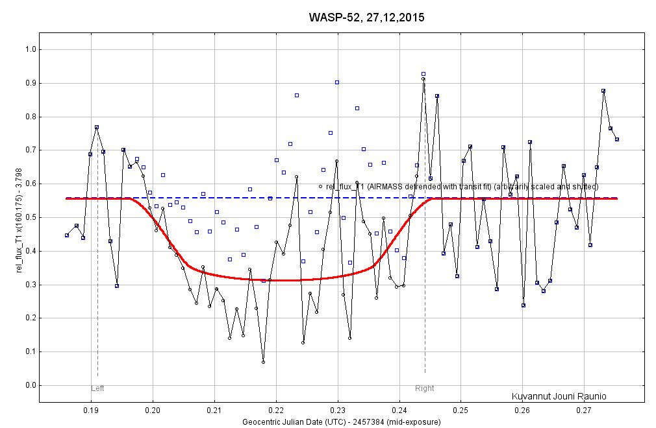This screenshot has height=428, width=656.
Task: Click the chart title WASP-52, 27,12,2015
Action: [366, 18]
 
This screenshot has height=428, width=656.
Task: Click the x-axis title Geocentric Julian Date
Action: [342, 422]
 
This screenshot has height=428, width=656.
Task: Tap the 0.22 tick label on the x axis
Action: [276, 410]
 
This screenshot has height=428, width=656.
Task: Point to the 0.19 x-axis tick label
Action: [91, 410]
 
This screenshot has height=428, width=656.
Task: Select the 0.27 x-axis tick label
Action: [584, 410]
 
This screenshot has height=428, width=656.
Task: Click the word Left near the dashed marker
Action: [97, 388]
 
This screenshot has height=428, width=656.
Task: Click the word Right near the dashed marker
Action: [425, 388]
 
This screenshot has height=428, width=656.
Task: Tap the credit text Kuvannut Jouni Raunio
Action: [559, 396]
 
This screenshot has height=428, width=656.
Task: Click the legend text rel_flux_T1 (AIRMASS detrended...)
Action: [461, 187]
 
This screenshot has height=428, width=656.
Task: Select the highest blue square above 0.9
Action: [423, 74]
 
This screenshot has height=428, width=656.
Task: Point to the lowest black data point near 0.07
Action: [263, 362]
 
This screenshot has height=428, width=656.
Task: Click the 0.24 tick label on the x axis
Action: [399, 410]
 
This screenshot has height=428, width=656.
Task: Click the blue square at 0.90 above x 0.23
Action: [337, 82]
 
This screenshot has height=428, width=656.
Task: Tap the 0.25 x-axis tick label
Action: [461, 410]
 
